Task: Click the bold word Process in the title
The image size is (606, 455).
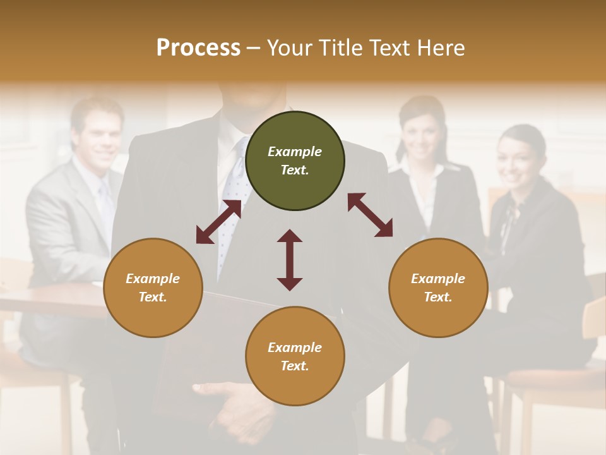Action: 198,47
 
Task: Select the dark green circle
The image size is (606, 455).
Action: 295,161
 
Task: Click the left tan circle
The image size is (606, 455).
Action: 153,288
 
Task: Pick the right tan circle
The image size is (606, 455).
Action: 438,288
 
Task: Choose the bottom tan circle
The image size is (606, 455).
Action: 295,356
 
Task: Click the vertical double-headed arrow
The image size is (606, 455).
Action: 290,260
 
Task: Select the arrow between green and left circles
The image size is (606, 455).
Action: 218,222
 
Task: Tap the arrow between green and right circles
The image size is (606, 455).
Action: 370,215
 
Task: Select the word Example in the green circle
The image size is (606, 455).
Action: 295,152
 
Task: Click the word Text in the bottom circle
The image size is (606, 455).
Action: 295,367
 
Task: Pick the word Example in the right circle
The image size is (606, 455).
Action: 438,279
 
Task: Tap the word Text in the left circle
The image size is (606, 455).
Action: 153,298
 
